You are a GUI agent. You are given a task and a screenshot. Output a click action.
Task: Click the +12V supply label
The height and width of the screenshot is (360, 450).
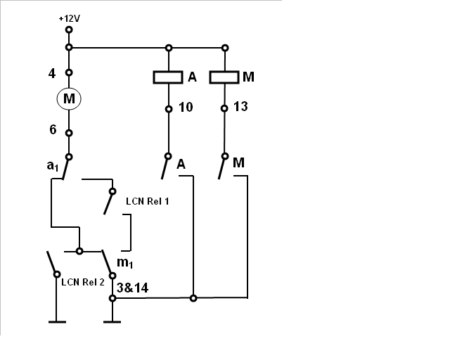click(69, 19)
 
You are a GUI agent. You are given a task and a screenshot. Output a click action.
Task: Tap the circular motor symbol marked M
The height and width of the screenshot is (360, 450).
click(69, 98)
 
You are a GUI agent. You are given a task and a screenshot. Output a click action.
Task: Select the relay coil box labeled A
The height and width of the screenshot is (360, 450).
click(168, 77)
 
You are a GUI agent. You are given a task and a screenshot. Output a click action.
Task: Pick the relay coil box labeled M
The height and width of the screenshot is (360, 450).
click(224, 77)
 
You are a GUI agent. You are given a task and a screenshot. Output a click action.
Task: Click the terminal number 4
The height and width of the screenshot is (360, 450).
click(51, 74)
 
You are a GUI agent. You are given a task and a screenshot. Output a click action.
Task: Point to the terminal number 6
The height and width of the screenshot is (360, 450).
click(53, 129)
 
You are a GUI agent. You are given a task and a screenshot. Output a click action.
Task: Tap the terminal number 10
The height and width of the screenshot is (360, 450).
click(186, 108)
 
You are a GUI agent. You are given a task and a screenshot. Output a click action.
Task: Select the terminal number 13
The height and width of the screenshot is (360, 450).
click(240, 106)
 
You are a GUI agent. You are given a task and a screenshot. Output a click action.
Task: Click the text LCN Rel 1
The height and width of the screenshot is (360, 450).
click(148, 201)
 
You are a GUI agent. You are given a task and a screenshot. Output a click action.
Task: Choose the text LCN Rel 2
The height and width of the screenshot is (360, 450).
click(83, 282)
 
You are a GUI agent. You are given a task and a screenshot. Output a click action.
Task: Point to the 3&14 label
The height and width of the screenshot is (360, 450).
click(133, 288)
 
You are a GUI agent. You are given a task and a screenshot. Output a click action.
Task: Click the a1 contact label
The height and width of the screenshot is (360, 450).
click(53, 166)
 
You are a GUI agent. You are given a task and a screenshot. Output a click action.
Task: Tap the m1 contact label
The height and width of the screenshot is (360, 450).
click(125, 262)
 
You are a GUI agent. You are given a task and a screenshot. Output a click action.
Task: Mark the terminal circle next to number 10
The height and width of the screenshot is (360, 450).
click(169, 109)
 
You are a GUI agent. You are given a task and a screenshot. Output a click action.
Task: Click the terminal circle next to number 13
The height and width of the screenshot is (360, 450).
click(224, 108)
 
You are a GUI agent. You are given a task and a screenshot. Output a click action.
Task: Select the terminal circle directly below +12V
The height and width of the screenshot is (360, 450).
click(69, 30)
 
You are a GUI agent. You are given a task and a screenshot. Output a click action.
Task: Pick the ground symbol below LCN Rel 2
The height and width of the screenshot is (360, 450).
click(57, 322)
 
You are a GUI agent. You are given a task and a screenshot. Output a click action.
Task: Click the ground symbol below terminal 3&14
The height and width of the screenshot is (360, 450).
click(112, 322)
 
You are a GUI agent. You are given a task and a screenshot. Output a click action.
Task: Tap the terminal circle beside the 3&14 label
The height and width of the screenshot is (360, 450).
click(112, 298)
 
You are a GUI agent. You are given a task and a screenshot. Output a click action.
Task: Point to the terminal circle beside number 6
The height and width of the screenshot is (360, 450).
click(69, 133)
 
